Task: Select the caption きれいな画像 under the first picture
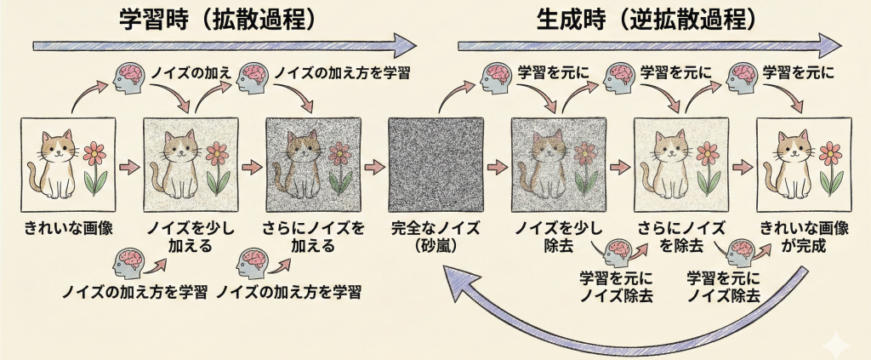pos(70,228)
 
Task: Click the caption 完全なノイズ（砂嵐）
pos(435,236)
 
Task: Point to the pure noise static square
pos(435,165)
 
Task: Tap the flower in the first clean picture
pos(96,166)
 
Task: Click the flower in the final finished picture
pos(831,166)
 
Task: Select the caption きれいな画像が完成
pos(804,236)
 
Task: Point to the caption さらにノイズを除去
pos(681,236)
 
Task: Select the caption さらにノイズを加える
pos(314,236)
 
